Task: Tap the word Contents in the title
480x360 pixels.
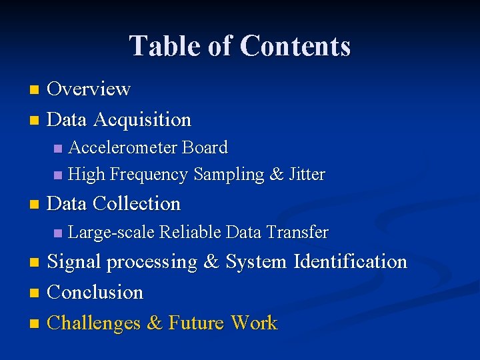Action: tap(295, 47)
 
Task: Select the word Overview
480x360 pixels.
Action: tap(89, 89)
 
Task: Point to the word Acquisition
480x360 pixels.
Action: tap(142, 120)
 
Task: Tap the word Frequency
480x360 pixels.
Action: tap(149, 175)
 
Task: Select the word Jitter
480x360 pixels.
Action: tap(307, 175)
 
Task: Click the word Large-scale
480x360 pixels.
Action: tap(111, 233)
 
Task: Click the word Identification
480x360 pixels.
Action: tap(350, 262)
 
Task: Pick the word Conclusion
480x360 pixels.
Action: tap(95, 293)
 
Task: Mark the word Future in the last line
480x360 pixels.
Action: tap(197, 323)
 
